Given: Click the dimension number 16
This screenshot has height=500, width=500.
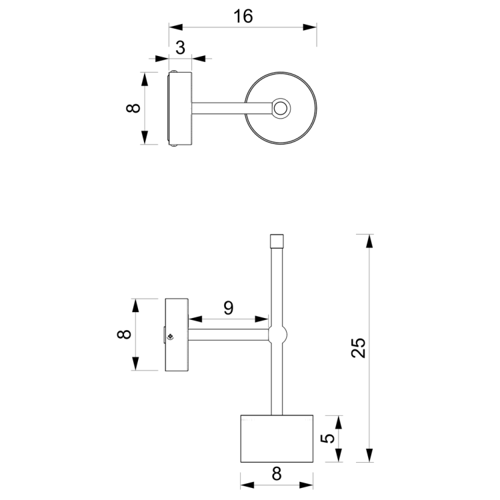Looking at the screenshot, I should tap(243, 16).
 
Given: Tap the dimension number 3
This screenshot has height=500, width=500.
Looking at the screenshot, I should tap(181, 47).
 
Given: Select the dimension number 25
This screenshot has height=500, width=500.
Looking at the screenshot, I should tap(359, 347).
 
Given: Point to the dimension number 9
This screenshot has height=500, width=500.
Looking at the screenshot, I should tap(228, 307).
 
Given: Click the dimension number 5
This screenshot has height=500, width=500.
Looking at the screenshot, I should tap(327, 439).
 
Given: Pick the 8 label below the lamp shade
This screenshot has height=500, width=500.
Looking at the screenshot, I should tap(277, 474).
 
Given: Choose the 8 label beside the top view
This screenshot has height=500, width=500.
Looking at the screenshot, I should tap(133, 108).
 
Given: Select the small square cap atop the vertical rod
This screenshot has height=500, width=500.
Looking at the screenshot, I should tap(277, 240).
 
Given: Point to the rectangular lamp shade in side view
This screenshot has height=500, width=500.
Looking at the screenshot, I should tap(277, 439).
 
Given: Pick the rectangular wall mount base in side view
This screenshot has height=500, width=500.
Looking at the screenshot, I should tap(177, 335).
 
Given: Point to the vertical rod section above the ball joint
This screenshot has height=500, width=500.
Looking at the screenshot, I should tap(277, 287).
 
